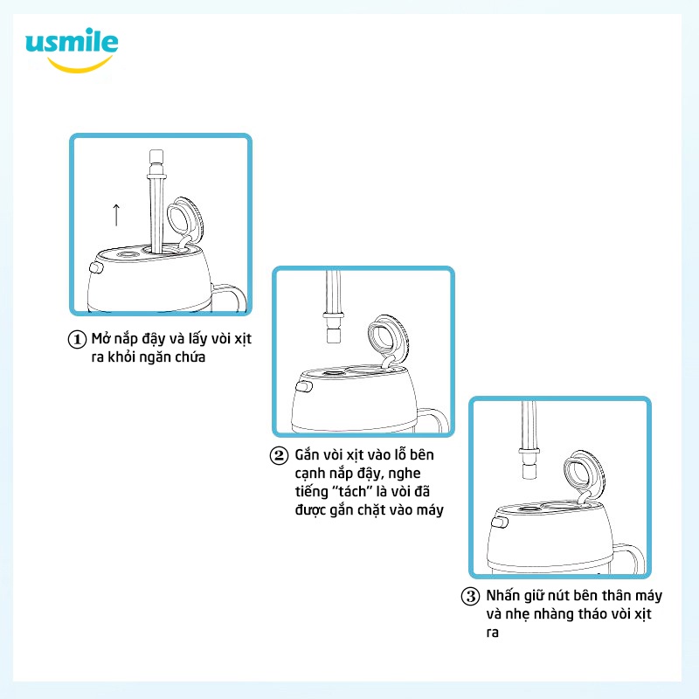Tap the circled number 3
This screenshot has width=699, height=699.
tap(471, 598)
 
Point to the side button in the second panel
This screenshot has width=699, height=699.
tap(303, 386)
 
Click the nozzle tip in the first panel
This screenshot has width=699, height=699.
tap(156, 163)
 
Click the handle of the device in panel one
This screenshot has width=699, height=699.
tap(230, 297)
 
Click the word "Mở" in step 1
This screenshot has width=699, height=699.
tap(101, 339)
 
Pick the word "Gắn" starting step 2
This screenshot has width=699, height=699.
tap(306, 456)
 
